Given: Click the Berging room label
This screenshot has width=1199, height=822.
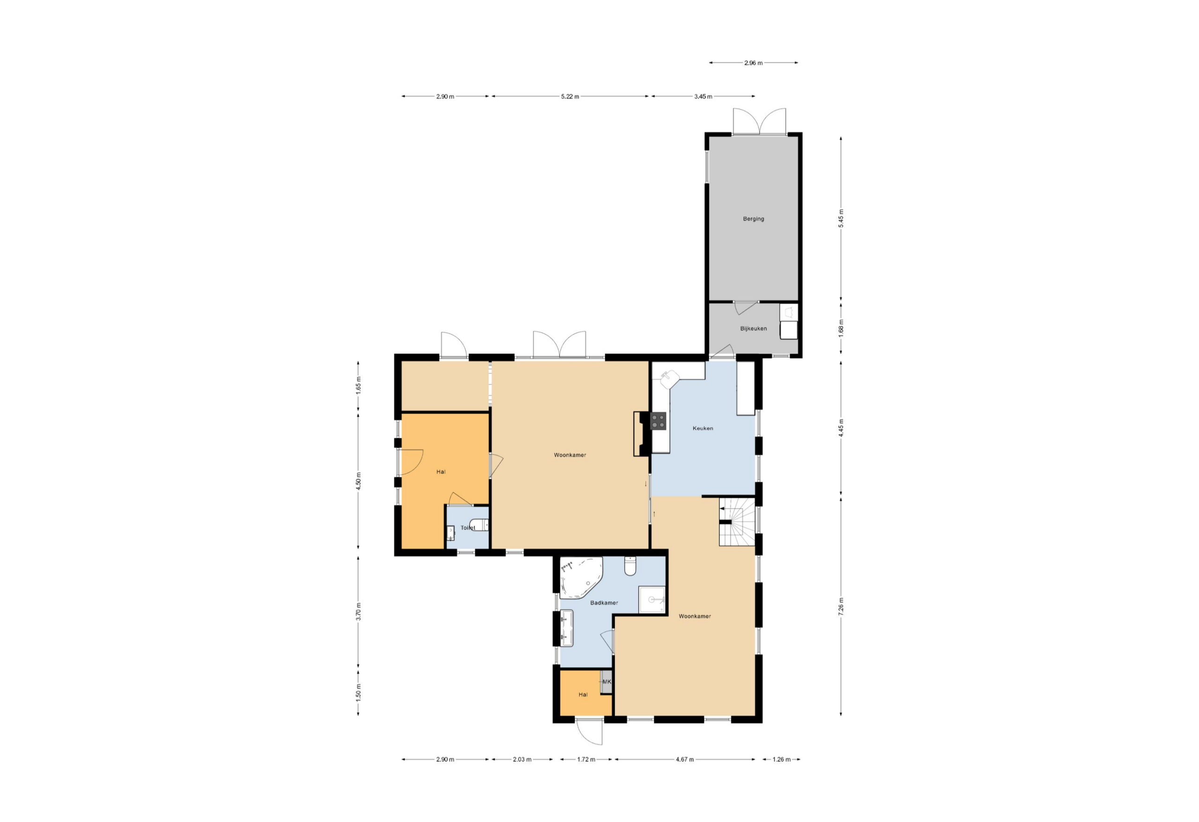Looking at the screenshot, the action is click(753, 219).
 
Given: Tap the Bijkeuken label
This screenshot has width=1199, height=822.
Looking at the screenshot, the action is click(753, 329).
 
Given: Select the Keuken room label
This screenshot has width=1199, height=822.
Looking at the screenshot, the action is click(703, 428).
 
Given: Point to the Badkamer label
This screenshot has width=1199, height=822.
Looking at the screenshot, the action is click(604, 603).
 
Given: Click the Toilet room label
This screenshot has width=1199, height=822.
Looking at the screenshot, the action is click(468, 528).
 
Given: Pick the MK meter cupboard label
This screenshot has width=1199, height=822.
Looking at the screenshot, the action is click(607, 681).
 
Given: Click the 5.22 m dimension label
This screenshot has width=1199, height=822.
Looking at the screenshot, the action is click(570, 96).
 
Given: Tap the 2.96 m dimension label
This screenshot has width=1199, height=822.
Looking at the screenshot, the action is click(753, 63).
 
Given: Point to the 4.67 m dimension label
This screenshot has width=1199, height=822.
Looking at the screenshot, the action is click(685, 760).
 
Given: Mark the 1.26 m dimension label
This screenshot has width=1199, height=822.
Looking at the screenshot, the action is click(782, 760).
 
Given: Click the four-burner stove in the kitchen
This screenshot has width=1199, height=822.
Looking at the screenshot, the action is click(659, 421).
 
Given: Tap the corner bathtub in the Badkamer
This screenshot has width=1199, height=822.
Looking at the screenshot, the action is click(580, 578).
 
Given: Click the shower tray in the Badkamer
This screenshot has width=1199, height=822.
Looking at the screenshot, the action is click(651, 600).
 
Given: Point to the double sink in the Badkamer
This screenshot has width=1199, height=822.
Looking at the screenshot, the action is click(567, 628).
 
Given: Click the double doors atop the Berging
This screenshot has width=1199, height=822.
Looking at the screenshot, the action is click(759, 122).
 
